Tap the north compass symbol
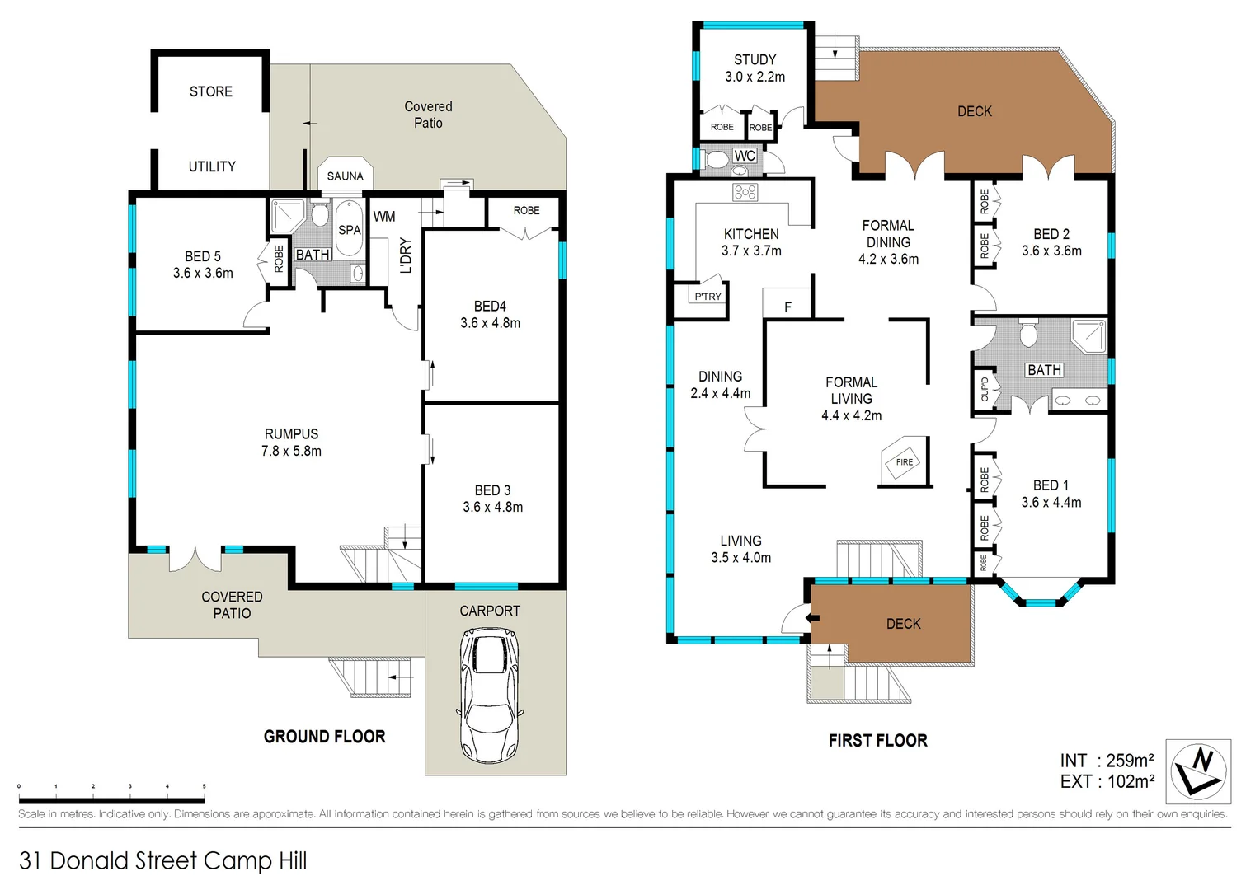[1198, 771]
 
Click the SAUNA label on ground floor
[345, 176]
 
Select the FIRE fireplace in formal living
[905, 462]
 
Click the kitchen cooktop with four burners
[745, 192]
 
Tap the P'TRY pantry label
[708, 297]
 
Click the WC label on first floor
[745, 156]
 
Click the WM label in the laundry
[384, 217]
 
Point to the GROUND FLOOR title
[324, 737]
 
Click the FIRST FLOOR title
[877, 741]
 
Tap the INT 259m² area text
[1107, 761]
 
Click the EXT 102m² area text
[1107, 781]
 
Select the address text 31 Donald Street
[162, 860]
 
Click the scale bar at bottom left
[111, 799]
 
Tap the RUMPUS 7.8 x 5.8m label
[291, 443]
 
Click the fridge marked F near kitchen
[787, 306]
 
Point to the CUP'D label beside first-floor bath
[985, 389]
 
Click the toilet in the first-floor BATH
[1027, 334]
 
